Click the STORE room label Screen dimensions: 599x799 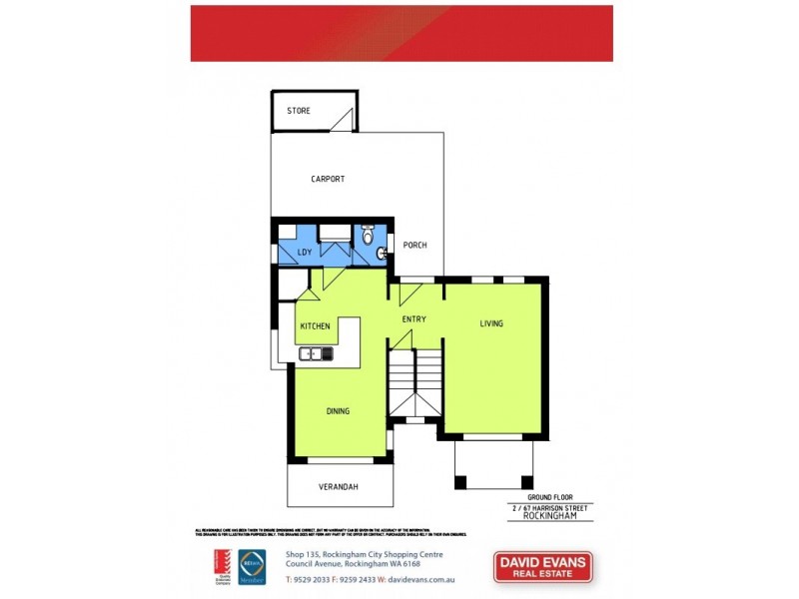pos(299,110)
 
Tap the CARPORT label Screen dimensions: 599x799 pos(328,179)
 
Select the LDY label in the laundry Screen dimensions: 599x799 pos(305,252)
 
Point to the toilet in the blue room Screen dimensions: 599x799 pos(368,236)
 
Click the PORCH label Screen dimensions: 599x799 pos(414,245)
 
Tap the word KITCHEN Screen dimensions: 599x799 pos(315,325)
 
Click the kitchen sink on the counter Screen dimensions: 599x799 pos(314,352)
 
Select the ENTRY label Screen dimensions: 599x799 pos(414,319)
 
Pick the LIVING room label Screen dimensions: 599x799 pos(491,323)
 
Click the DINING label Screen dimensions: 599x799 pos(338,410)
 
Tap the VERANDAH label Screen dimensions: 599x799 pos(340,486)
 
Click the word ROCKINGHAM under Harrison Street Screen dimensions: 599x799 pos(558,517)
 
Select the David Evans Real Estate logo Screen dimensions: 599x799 pos(543,567)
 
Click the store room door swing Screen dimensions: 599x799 pos(342,122)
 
